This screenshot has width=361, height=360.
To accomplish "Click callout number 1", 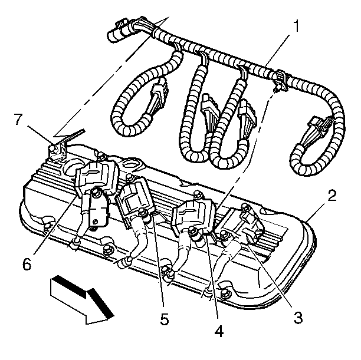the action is pyautogui.click(x=297, y=26).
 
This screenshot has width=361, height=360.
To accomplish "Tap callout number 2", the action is pyautogui.click(x=333, y=196).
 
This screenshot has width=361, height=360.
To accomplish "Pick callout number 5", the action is pyautogui.click(x=165, y=319).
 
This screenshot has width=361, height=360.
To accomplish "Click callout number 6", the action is pyautogui.click(x=27, y=264).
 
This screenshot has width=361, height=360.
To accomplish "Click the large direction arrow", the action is pyautogui.click(x=82, y=300).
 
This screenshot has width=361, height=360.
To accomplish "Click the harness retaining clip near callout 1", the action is pyautogui.click(x=280, y=80).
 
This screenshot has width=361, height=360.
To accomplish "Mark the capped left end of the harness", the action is pyautogui.click(x=115, y=35).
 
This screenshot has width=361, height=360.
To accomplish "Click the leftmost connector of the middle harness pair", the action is pyautogui.click(x=211, y=112).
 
